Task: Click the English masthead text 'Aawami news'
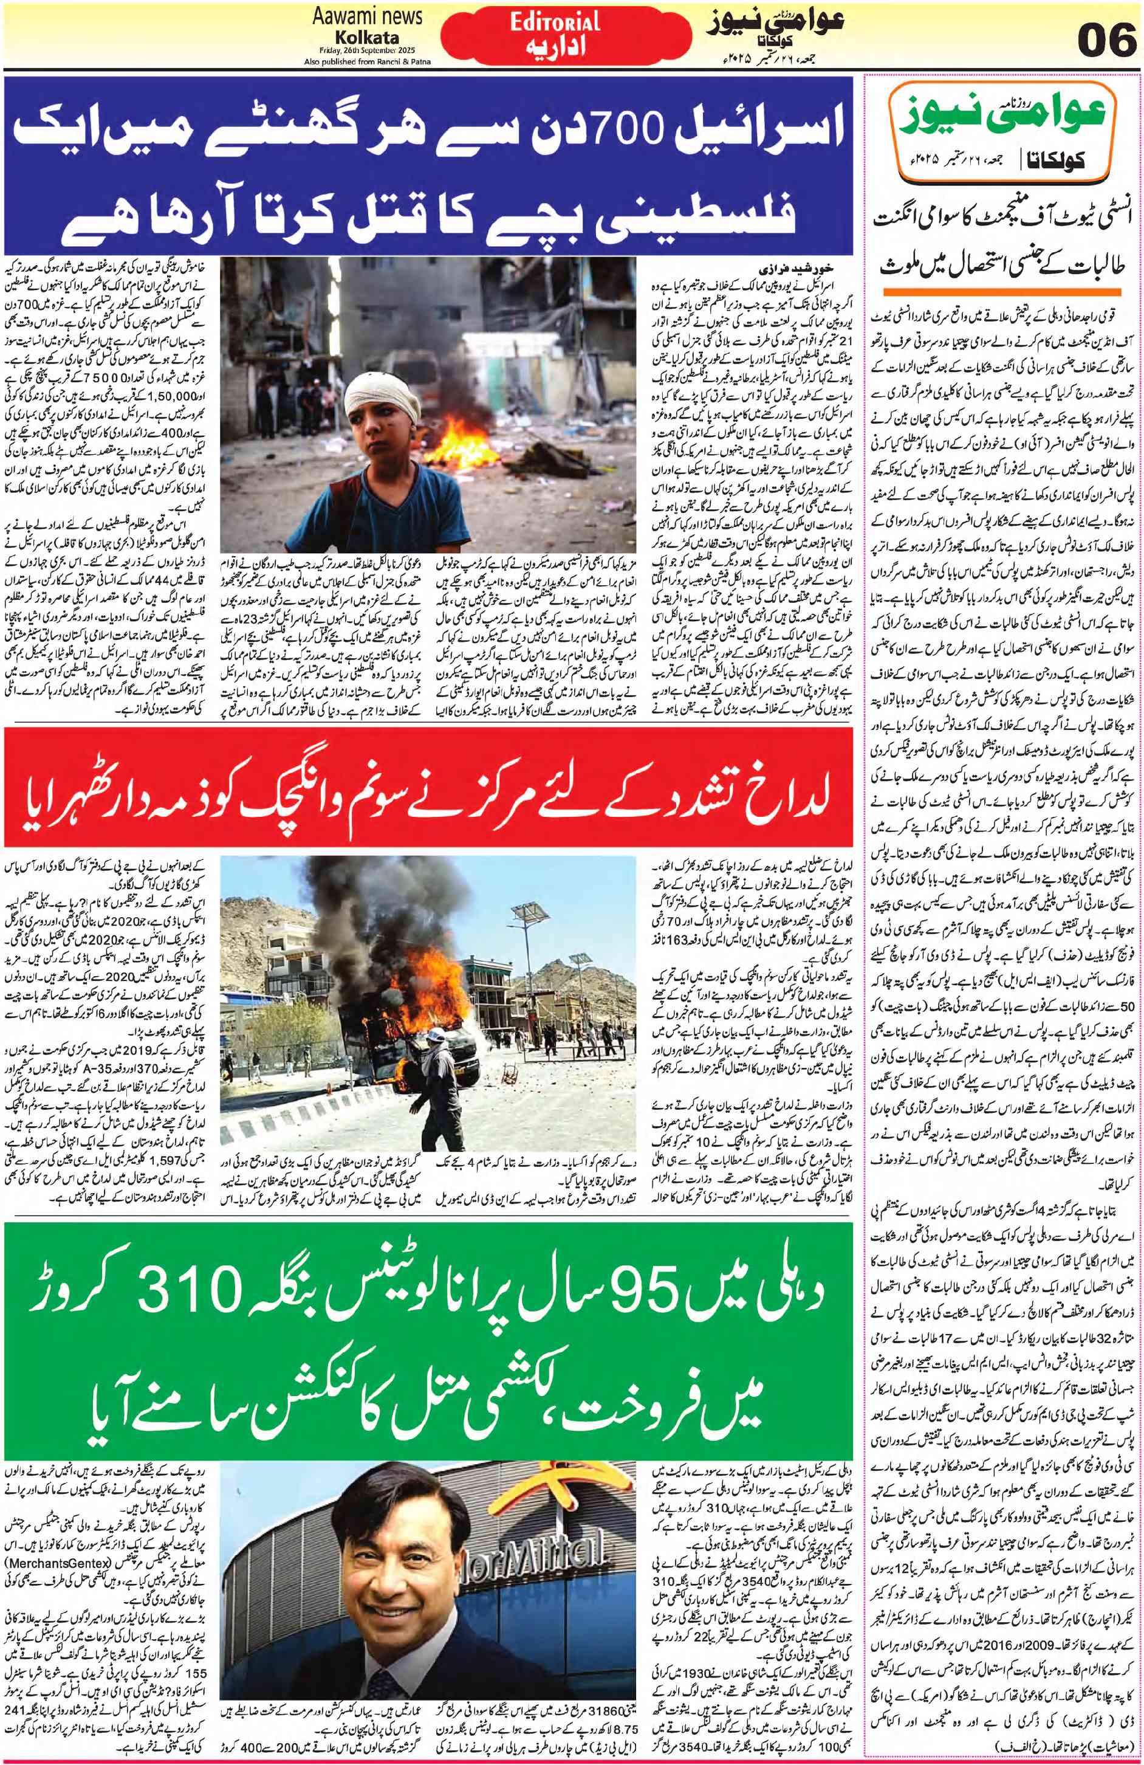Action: (x=365, y=17)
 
